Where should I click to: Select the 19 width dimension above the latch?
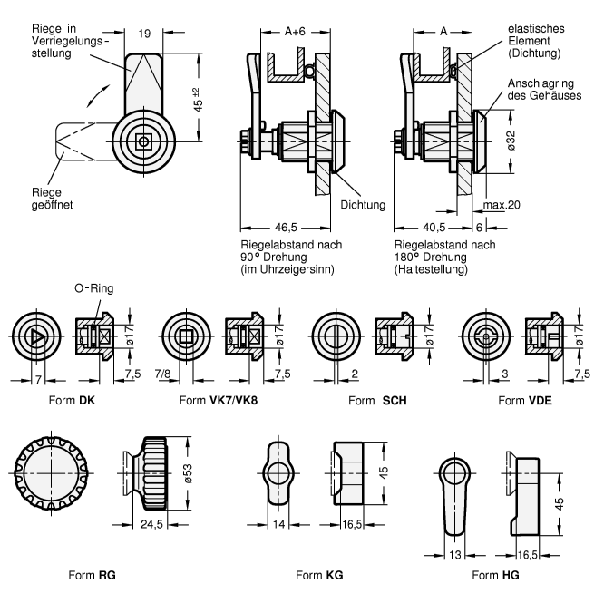coord(145,34)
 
